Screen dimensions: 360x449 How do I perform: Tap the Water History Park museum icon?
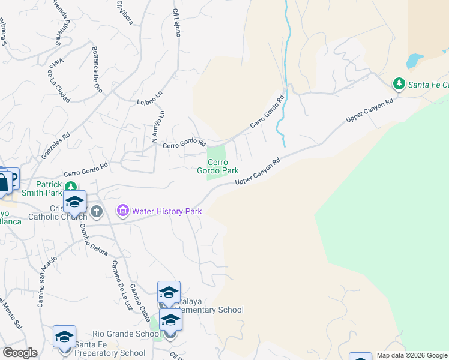tap(124, 211)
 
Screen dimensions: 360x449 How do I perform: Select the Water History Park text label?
tap(167, 211)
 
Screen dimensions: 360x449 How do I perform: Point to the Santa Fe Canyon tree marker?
tap(399, 84)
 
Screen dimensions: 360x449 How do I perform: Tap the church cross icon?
tap(97, 211)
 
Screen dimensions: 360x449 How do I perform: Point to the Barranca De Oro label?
tap(97, 69)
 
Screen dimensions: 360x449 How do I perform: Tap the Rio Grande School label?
tap(126, 334)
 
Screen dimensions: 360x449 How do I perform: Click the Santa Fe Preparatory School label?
tap(110, 353)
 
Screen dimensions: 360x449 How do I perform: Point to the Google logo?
tap(20, 353)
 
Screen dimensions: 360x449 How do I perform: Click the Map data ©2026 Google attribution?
tap(412, 355)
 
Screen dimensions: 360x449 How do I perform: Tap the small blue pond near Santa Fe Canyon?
tap(414, 60)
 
